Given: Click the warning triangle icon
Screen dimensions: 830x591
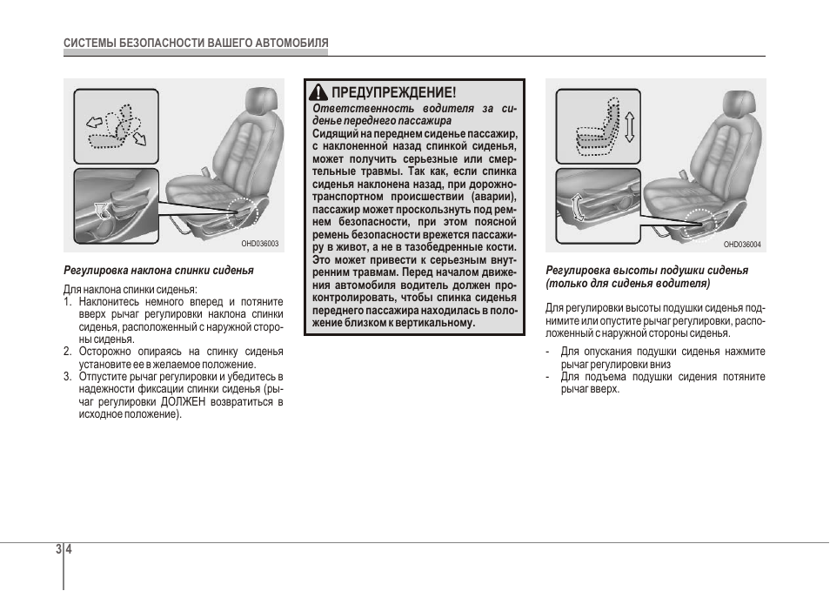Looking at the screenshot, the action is point(318,92).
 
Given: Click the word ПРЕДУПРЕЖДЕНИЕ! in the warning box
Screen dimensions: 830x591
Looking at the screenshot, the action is point(393,92).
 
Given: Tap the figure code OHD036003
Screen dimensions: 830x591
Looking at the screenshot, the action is point(259,244).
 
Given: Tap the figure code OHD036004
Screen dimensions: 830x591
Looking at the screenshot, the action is point(742,244).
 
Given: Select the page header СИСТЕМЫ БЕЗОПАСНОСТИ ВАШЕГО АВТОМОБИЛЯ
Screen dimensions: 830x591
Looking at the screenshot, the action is point(196,43).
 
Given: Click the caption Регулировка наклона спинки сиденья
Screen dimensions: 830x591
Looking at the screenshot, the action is point(159,271).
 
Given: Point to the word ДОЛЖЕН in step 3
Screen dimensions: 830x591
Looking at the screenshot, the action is point(183,401).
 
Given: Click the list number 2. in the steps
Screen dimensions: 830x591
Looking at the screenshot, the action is point(67,352).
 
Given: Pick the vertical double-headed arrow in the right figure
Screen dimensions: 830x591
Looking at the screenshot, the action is point(629,126).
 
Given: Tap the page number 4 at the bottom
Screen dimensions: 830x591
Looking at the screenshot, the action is point(69,548).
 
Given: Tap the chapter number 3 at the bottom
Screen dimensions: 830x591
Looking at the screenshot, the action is point(59,548).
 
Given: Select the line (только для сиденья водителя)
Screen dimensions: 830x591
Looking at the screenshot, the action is point(628,284).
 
